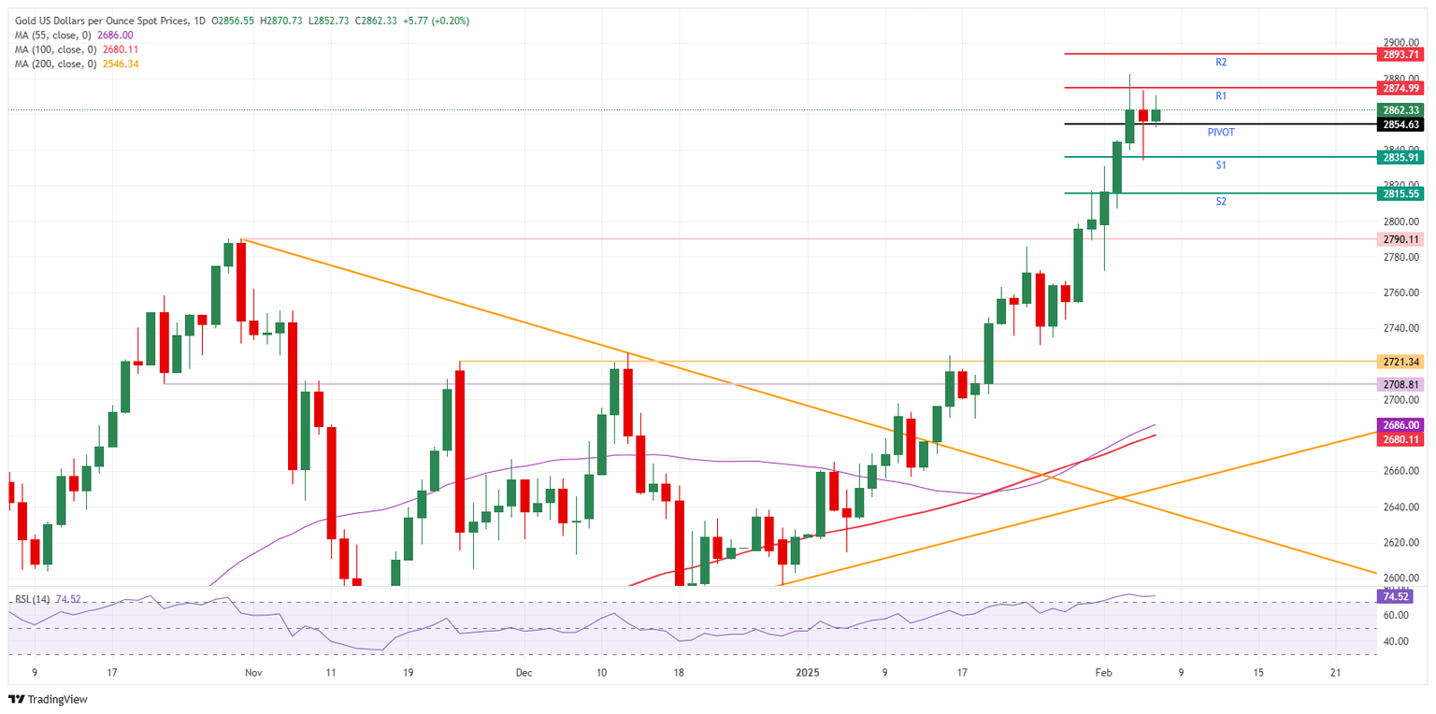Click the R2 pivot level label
1221,62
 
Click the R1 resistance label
1221,96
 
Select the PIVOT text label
1221,133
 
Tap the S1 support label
1221,165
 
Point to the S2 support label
1221,202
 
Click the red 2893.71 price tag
1401,54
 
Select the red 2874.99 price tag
1401,88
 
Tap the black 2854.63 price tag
1401,124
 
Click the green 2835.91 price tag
1401,157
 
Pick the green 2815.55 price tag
1401,193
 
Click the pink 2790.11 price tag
1401,239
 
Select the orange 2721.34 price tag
1401,361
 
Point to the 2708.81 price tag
1401,384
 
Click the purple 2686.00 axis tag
1401,424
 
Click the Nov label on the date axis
251,673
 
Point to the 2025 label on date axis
807,673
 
